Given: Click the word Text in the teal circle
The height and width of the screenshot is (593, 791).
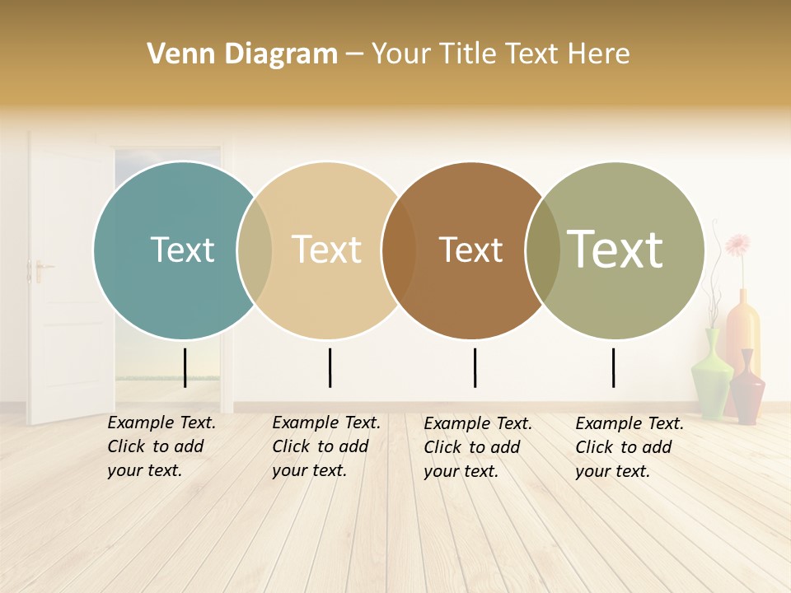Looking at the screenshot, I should [x=182, y=250].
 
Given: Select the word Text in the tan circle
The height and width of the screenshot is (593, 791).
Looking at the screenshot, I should [x=327, y=250].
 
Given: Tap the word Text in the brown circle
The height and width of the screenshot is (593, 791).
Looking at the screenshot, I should [x=470, y=250].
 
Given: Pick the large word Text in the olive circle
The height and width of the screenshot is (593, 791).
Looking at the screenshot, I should [x=615, y=249].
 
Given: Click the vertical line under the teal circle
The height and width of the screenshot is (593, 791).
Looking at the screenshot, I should [x=185, y=367].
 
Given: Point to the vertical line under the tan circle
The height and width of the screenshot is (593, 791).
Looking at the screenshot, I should [x=330, y=367].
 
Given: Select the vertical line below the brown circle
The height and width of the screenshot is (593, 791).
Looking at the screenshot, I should [x=475, y=367].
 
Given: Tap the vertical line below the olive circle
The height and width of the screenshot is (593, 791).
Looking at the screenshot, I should [x=614, y=367].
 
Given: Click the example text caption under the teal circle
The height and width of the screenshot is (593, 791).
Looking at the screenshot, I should [x=161, y=446].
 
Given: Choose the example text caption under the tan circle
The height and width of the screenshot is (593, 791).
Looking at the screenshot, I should [x=326, y=446].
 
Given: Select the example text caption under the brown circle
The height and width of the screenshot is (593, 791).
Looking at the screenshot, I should [x=478, y=447].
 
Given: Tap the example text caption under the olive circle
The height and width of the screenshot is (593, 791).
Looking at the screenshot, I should [x=630, y=447].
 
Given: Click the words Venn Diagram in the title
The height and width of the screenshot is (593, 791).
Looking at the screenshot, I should [x=242, y=54].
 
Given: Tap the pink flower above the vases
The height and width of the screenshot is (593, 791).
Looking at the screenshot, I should [x=737, y=245].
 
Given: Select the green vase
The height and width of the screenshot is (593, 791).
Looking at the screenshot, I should [x=711, y=375].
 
